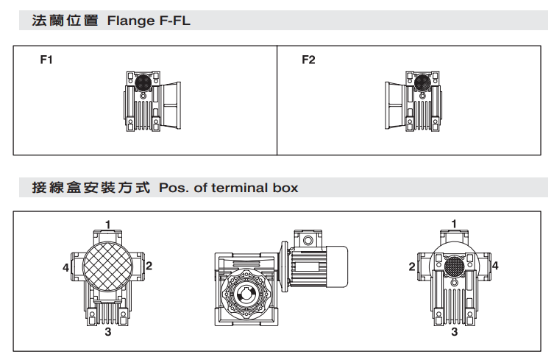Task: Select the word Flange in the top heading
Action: (129, 21)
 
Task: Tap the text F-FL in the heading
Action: (174, 21)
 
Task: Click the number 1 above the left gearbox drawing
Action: (107, 224)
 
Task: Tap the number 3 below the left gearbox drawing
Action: (107, 333)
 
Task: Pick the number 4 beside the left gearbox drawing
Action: (65, 268)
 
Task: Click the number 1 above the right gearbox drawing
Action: (454, 224)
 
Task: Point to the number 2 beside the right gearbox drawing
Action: (411, 266)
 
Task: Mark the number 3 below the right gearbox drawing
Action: (454, 333)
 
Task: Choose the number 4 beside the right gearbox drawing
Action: (495, 266)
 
